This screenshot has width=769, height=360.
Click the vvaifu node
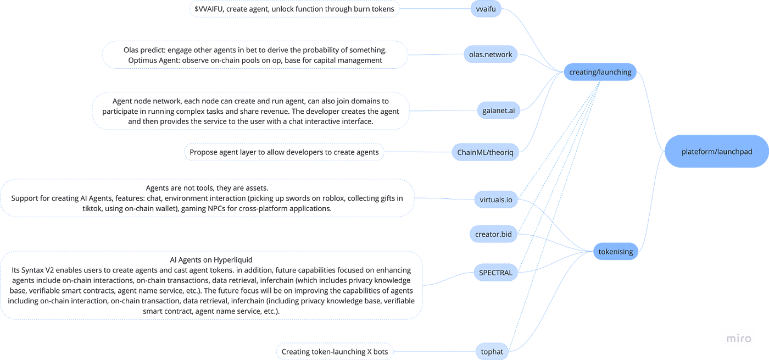click(486, 9)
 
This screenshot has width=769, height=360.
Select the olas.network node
click(491, 54)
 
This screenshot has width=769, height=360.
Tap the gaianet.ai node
click(498, 110)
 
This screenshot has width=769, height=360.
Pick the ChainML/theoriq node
click(484, 152)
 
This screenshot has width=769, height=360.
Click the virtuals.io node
click(496, 200)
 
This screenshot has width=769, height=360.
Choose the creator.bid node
click(493, 235)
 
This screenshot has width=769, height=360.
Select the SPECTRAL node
click(495, 273)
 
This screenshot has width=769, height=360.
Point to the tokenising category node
click(611, 252)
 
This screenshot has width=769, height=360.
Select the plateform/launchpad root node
click(716, 152)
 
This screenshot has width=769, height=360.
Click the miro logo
click(738, 338)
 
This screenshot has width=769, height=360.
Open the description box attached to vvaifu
click(294, 9)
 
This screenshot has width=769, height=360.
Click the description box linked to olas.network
click(255, 54)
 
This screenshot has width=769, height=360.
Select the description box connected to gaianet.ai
click(250, 110)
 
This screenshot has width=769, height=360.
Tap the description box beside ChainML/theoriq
click(283, 152)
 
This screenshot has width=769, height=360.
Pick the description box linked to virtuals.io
click(208, 198)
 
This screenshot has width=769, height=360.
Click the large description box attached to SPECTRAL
click(212, 285)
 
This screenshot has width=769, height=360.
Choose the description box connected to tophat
click(335, 351)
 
